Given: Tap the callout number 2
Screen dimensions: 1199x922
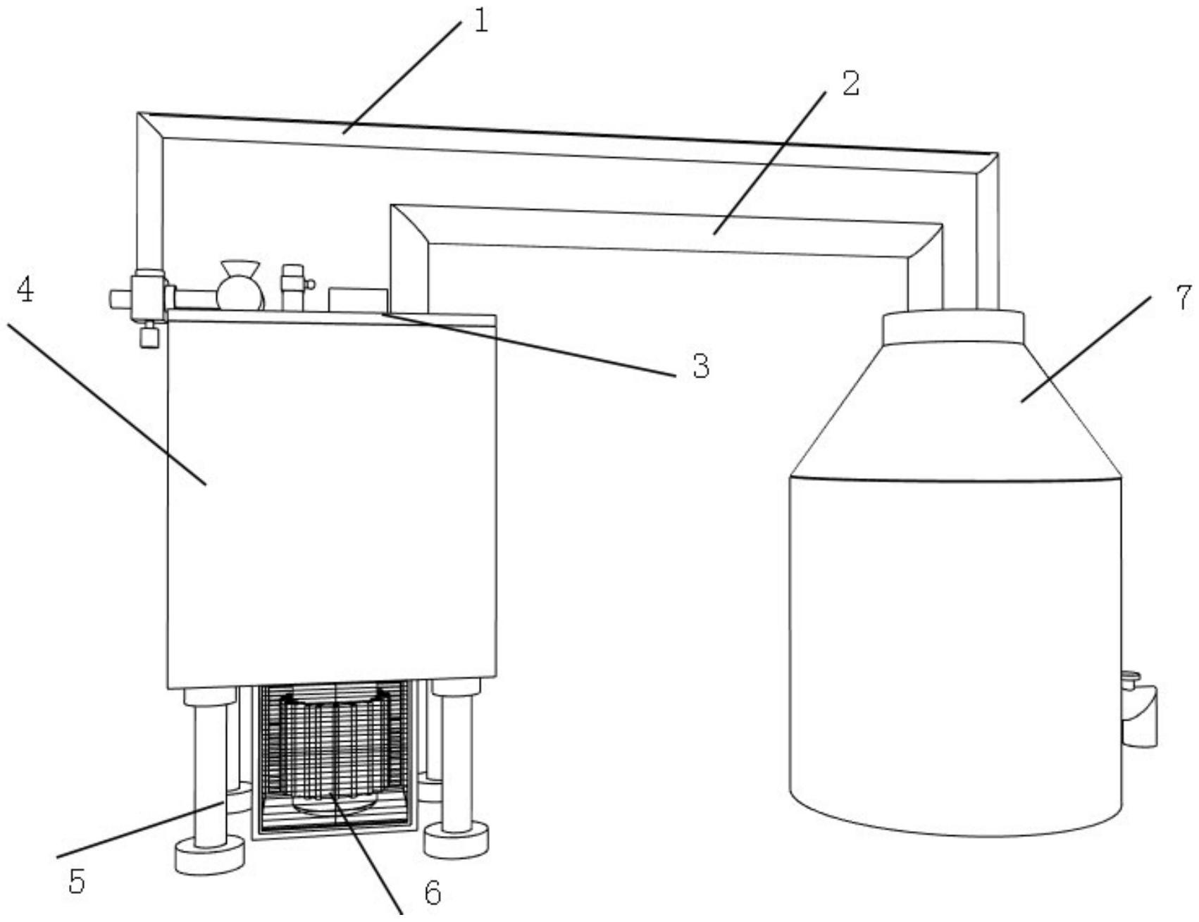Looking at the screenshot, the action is pos(851,84).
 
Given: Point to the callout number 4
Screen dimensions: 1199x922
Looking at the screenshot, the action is pos(25,289).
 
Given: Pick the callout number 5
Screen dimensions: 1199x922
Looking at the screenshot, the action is pos(76,881).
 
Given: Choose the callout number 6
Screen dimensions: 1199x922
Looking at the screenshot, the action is pos(433,893).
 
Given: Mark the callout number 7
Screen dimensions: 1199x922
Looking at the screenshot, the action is pos(1184,298).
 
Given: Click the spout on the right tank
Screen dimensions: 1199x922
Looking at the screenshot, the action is pos(1139,715).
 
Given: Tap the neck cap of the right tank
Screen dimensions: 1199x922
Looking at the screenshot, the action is pos(953,327).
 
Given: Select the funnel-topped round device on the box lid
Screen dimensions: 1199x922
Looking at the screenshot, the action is pos(240,286).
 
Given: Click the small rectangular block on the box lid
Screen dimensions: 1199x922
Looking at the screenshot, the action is pos(357,299).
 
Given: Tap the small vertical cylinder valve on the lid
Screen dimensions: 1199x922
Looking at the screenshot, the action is pos(293,287).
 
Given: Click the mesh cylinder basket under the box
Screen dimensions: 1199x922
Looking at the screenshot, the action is pos(335,754).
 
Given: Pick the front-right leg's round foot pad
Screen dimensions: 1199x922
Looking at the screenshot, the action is pos(456,840).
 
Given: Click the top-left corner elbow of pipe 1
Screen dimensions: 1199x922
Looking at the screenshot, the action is pos(150,125).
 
